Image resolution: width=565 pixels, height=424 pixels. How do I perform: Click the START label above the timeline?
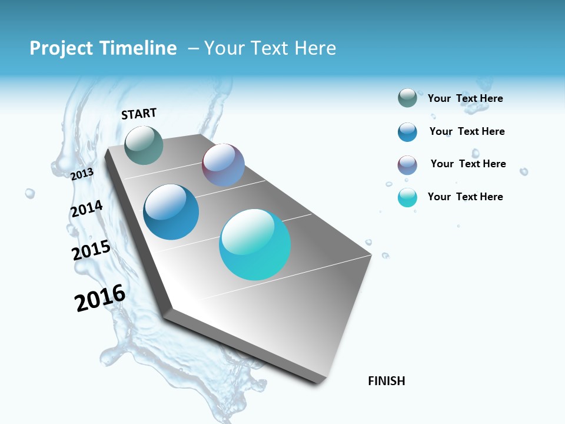tap(139, 114)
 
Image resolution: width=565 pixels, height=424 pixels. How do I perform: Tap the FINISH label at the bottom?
tap(386, 381)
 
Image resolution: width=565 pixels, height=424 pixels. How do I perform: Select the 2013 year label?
tap(82, 174)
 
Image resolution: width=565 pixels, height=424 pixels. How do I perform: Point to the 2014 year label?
tap(87, 209)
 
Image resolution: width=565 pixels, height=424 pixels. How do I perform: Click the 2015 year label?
tap(91, 250)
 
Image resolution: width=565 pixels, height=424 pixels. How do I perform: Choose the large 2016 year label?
tap(100, 298)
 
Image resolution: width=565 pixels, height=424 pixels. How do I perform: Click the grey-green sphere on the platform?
tap(144, 145)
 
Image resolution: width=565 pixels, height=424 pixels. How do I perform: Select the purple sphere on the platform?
tap(223, 165)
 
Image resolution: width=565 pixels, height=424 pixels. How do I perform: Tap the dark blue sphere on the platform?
tap(171, 212)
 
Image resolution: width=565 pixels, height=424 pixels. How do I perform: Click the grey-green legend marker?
tap(407, 98)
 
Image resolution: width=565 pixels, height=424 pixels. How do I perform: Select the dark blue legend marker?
tap(407, 132)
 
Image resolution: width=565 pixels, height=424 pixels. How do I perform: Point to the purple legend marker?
tap(407, 165)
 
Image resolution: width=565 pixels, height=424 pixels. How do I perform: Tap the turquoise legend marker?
tap(407, 197)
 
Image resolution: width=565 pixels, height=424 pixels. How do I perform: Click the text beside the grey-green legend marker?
tap(465, 98)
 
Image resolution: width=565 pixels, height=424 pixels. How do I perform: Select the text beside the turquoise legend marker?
tap(465, 197)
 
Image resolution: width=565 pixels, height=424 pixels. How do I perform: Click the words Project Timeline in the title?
tap(103, 48)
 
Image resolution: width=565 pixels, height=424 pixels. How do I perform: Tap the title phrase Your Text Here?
tap(270, 48)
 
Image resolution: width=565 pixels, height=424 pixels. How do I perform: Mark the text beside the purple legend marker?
tap(468, 164)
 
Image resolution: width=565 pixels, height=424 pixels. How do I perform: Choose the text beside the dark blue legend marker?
tap(467, 131)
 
